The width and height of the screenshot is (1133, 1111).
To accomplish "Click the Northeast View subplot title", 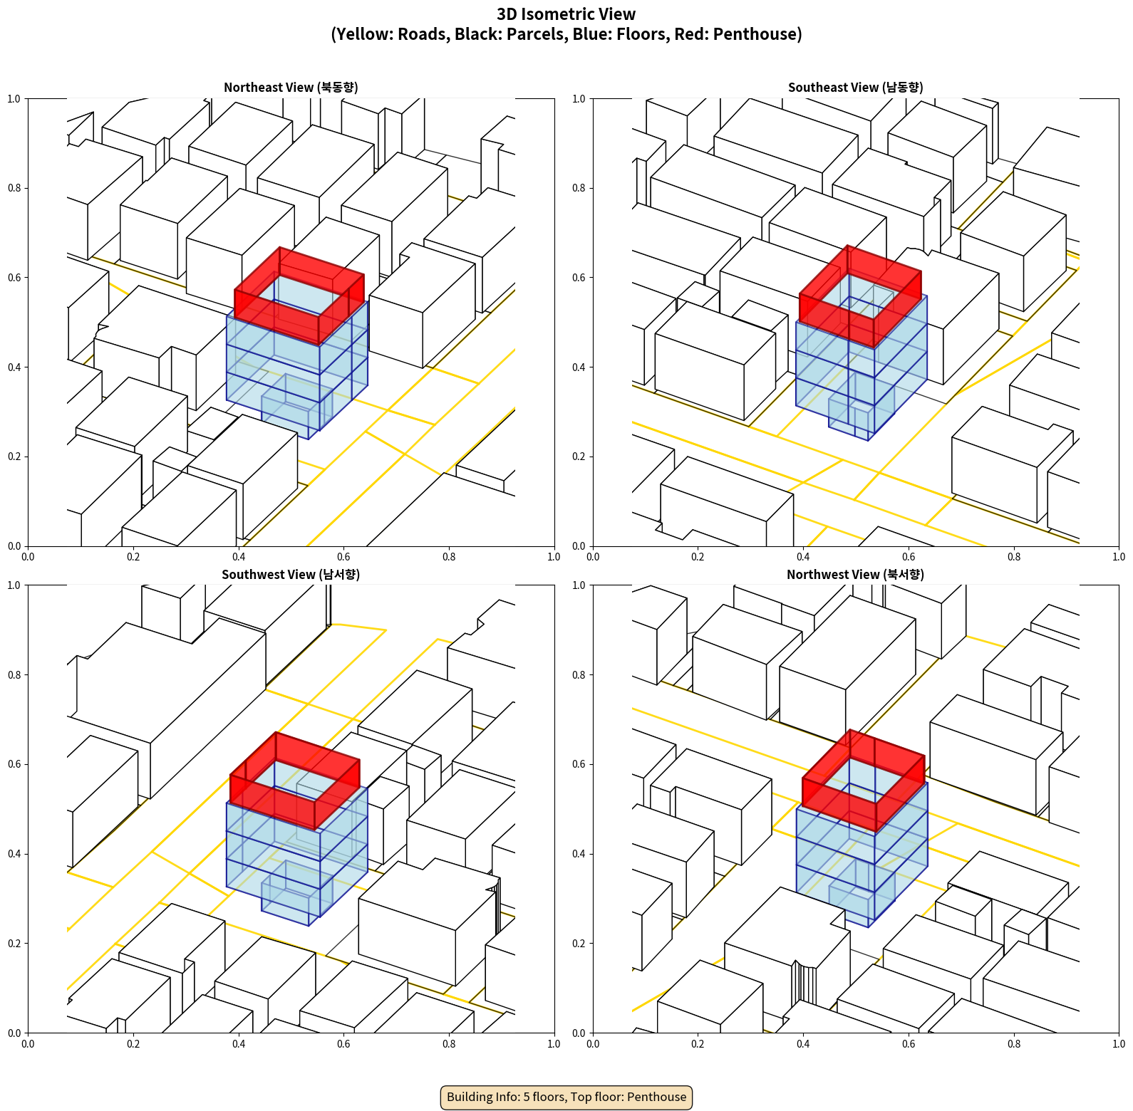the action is pos(291,88).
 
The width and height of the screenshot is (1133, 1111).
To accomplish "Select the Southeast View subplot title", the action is pos(855,88).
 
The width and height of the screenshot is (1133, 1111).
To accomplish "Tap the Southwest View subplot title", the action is pos(291,575).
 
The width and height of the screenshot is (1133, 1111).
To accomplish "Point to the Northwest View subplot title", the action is pos(855,575).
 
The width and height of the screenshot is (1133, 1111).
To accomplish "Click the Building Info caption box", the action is pos(566,1097).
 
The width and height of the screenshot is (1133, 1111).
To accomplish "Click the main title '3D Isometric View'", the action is pos(566,14).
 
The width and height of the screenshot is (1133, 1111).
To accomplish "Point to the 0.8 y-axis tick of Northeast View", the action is pos(14,188).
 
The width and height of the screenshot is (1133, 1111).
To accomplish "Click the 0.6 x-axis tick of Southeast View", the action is pos(909,557).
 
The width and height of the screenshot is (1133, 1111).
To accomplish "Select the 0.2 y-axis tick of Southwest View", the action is pos(14,943).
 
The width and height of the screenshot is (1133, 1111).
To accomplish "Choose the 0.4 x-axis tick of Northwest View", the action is pos(803,1044).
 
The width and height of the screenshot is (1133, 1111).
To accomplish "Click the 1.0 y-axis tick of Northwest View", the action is pos(579,585).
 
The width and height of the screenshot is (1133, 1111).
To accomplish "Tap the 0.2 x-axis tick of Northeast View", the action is pos(133,557).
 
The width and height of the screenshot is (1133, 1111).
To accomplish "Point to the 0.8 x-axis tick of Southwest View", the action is pos(449,1044).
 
